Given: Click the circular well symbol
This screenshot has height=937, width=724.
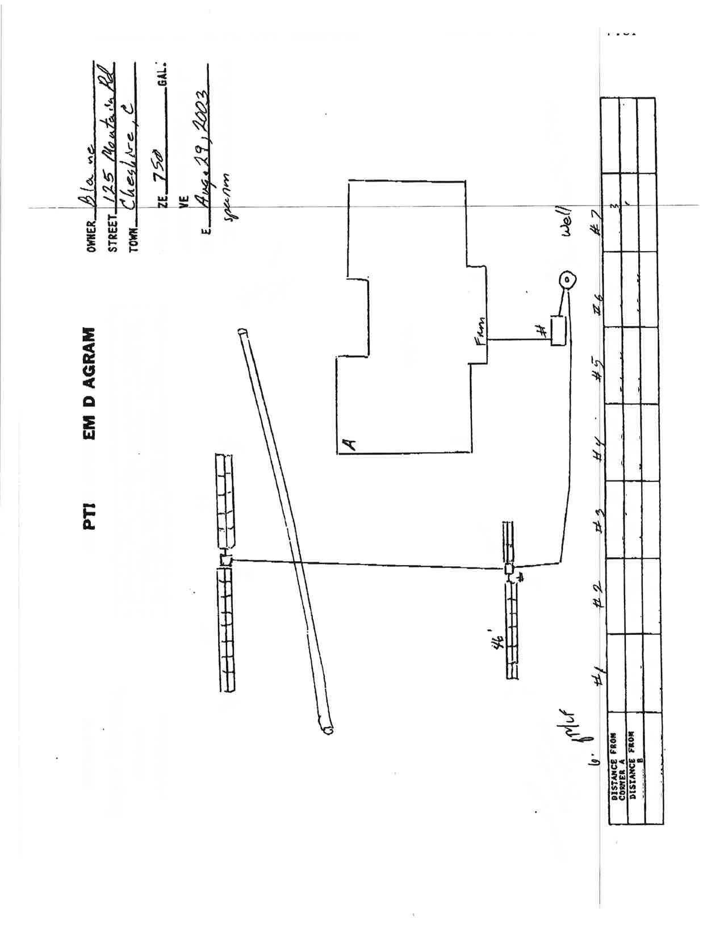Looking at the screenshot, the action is pyautogui.click(x=567, y=279).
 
